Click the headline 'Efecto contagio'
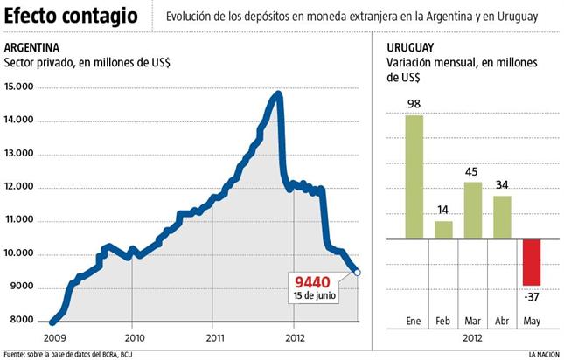(x=71, y=16)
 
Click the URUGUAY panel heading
(x=411, y=47)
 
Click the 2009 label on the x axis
(x=53, y=336)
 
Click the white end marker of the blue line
(x=358, y=273)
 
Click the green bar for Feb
(x=444, y=229)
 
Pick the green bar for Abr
(x=503, y=217)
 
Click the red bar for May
(x=532, y=261)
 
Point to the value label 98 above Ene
(x=414, y=105)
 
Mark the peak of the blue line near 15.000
(x=277, y=93)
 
